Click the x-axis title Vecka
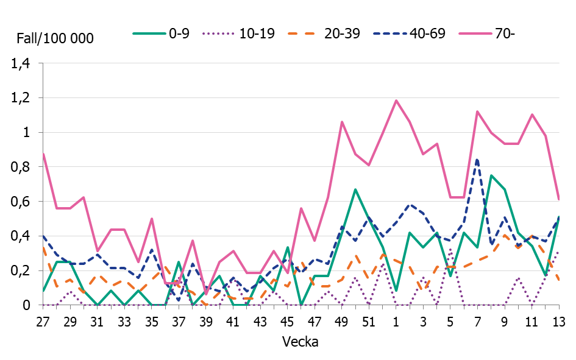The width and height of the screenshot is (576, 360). pyautogui.click(x=300, y=342)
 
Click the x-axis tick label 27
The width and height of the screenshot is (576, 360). pyautogui.click(x=43, y=321)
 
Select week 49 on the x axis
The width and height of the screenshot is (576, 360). pyautogui.click(x=342, y=321)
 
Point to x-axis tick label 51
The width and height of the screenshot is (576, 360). pyautogui.click(x=369, y=321)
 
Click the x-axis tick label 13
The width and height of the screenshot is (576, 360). pyautogui.click(x=558, y=321)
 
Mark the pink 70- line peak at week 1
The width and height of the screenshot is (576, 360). pyautogui.click(x=396, y=101)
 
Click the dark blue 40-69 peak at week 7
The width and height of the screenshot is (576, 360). pyautogui.click(x=477, y=160)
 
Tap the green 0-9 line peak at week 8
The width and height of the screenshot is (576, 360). pyautogui.click(x=491, y=175)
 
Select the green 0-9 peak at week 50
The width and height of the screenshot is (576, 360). pyautogui.click(x=355, y=189)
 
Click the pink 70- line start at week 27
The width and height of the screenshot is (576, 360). pyautogui.click(x=43, y=154)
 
